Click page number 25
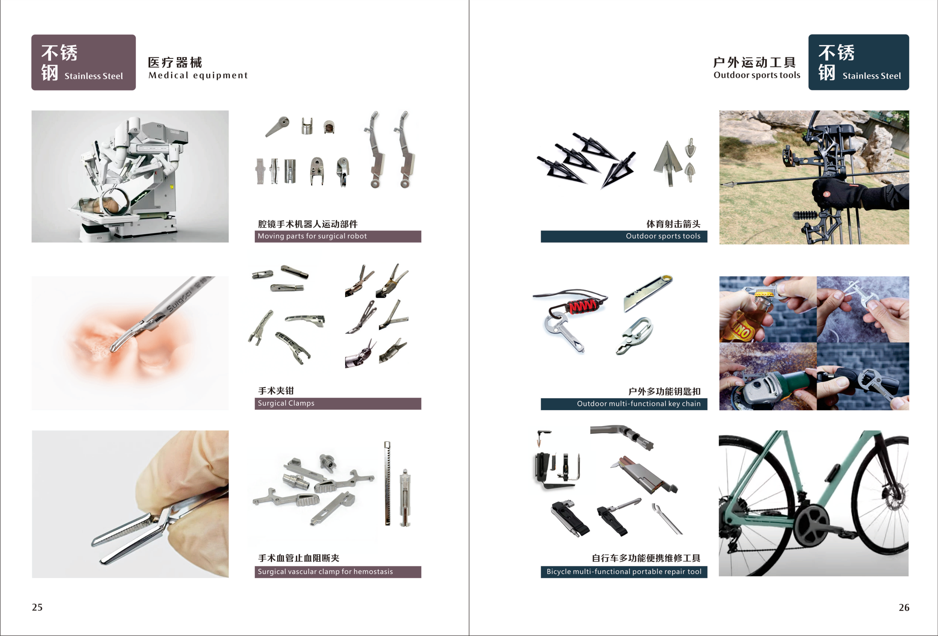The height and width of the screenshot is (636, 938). tap(37, 607)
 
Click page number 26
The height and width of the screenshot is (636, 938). tap(904, 607)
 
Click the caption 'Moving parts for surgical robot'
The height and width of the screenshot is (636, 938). tap(312, 236)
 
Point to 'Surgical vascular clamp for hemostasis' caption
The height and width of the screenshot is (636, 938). tap(325, 571)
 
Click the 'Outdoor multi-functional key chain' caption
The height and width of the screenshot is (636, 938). tap(638, 404)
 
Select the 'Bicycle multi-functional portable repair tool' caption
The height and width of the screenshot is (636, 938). tap(624, 571)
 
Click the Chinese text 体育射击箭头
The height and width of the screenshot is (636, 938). tap(673, 224)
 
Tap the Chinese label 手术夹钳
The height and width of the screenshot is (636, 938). tap(276, 391)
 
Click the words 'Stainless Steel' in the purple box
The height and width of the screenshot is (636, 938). tap(94, 76)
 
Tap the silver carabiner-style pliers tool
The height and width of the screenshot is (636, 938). tap(634, 335)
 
